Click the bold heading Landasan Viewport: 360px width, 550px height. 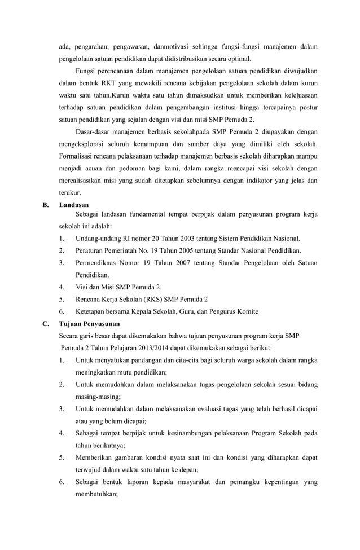74,205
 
